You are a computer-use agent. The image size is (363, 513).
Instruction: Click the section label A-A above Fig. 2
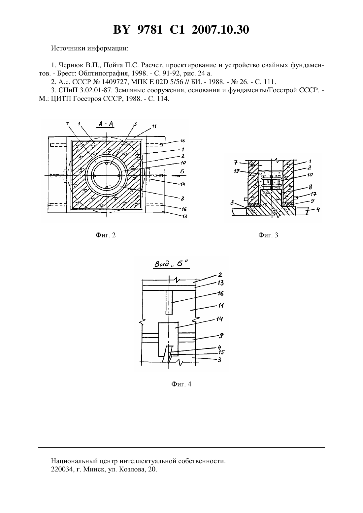click(106, 124)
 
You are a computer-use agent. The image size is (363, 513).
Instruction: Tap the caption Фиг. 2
click(105, 235)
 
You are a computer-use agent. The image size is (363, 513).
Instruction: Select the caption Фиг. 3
click(268, 235)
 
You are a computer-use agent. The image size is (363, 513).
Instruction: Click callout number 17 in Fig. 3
click(313, 194)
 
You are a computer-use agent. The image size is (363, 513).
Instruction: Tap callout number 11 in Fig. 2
click(154, 126)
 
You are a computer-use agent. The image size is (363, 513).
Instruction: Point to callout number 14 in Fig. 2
click(182, 184)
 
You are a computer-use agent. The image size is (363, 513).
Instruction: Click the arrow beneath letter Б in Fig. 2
click(179, 176)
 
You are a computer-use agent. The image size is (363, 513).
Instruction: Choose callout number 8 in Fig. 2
click(182, 199)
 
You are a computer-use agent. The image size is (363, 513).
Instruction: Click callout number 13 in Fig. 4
click(220, 283)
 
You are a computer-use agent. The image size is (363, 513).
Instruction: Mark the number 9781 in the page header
click(150, 30)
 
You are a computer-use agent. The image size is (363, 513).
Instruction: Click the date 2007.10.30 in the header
click(220, 30)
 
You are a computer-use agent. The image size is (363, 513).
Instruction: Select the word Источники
click(69, 48)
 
